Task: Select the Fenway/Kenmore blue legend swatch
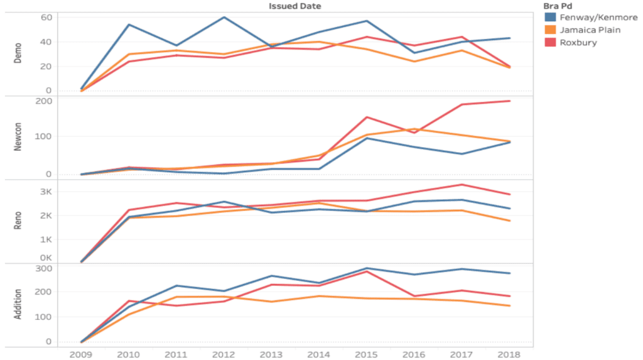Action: (551, 18)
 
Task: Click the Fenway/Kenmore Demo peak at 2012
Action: (224, 17)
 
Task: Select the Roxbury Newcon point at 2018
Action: (509, 101)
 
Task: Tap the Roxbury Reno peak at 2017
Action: (462, 185)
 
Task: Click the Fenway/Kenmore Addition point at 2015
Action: (367, 268)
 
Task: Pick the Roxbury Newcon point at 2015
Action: (367, 117)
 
